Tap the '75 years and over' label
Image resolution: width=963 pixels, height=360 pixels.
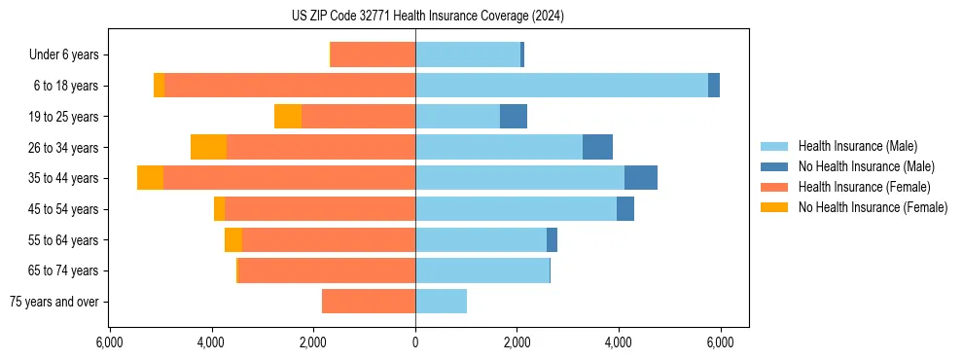point(54,302)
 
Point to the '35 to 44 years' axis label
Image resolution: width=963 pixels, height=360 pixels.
point(64,178)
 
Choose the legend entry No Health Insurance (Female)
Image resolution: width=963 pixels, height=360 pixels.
point(873,207)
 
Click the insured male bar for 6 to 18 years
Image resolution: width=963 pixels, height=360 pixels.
point(561,86)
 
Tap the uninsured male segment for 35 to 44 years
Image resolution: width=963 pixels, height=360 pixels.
point(640,178)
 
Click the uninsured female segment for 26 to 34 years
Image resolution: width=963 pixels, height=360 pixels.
point(209,147)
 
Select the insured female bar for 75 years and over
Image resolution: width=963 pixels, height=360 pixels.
point(369,302)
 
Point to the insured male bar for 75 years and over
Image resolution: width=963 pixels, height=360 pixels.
point(441,302)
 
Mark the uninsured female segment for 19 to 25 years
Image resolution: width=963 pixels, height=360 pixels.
point(288,117)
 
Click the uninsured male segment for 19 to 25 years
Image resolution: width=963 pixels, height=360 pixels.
point(514,117)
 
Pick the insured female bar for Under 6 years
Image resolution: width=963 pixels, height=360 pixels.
point(374,54)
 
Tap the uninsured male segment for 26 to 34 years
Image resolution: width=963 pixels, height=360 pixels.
point(597,147)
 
